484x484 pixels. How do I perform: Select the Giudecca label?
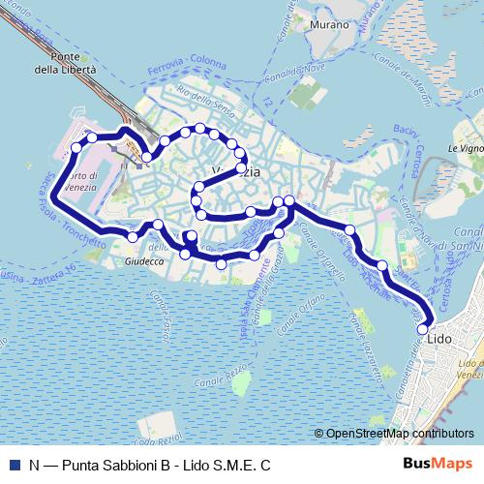[146, 262]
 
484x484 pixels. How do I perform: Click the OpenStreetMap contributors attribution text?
[397, 434]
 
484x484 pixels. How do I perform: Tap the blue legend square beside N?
[14, 465]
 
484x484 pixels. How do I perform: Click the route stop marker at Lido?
[422, 329]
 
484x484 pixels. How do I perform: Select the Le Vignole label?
[465, 149]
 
